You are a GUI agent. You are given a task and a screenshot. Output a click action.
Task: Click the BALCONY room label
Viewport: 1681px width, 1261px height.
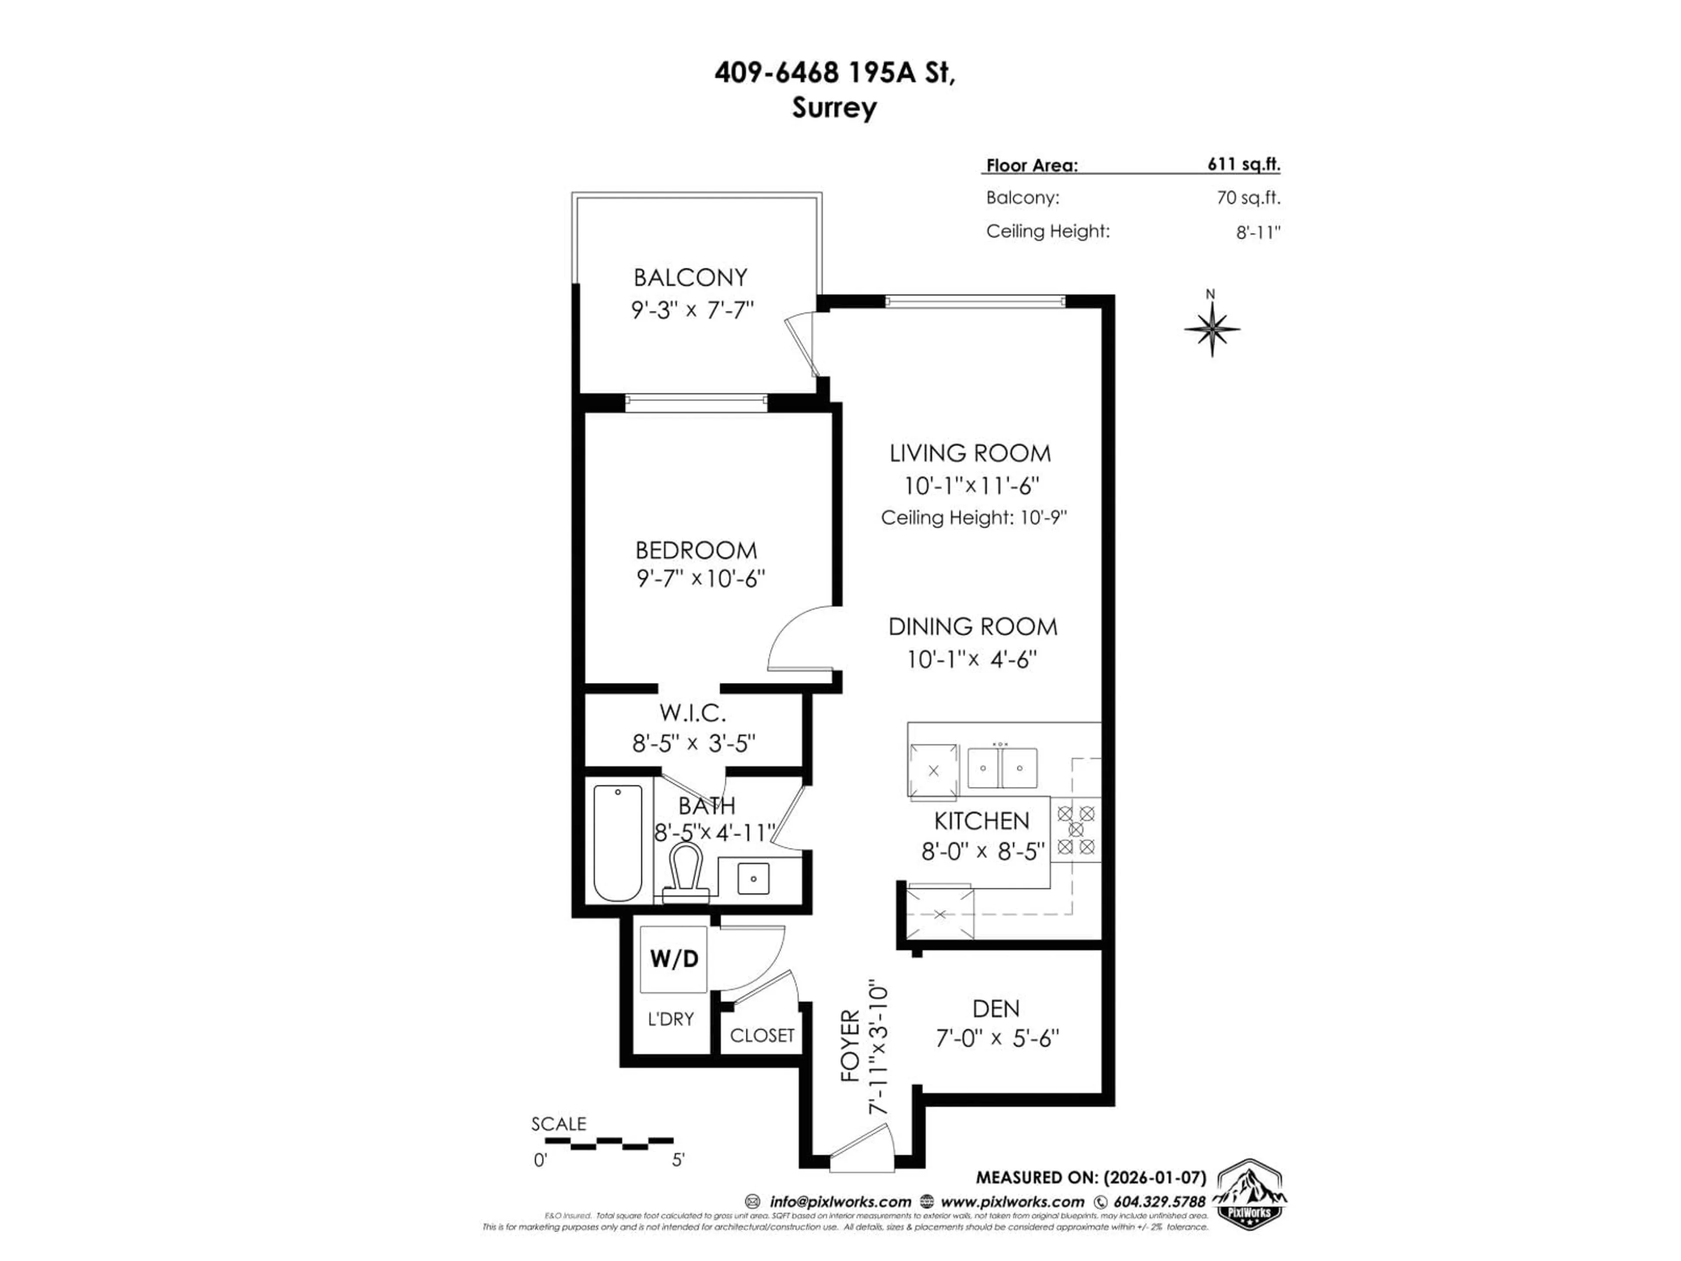click(690, 278)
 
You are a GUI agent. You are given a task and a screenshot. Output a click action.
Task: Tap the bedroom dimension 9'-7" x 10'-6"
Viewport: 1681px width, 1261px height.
click(700, 579)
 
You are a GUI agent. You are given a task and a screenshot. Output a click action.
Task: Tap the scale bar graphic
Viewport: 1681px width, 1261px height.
click(602, 1141)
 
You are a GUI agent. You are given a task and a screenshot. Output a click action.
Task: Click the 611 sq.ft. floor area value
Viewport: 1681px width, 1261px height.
click(1243, 164)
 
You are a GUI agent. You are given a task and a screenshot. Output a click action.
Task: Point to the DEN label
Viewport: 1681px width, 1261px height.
click(995, 1009)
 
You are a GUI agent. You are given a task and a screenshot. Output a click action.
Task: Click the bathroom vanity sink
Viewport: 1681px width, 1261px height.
click(753, 879)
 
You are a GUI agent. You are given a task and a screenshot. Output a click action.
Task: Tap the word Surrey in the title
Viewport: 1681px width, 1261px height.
click(834, 108)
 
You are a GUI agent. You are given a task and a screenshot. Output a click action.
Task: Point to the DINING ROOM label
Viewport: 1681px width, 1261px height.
click(973, 627)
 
